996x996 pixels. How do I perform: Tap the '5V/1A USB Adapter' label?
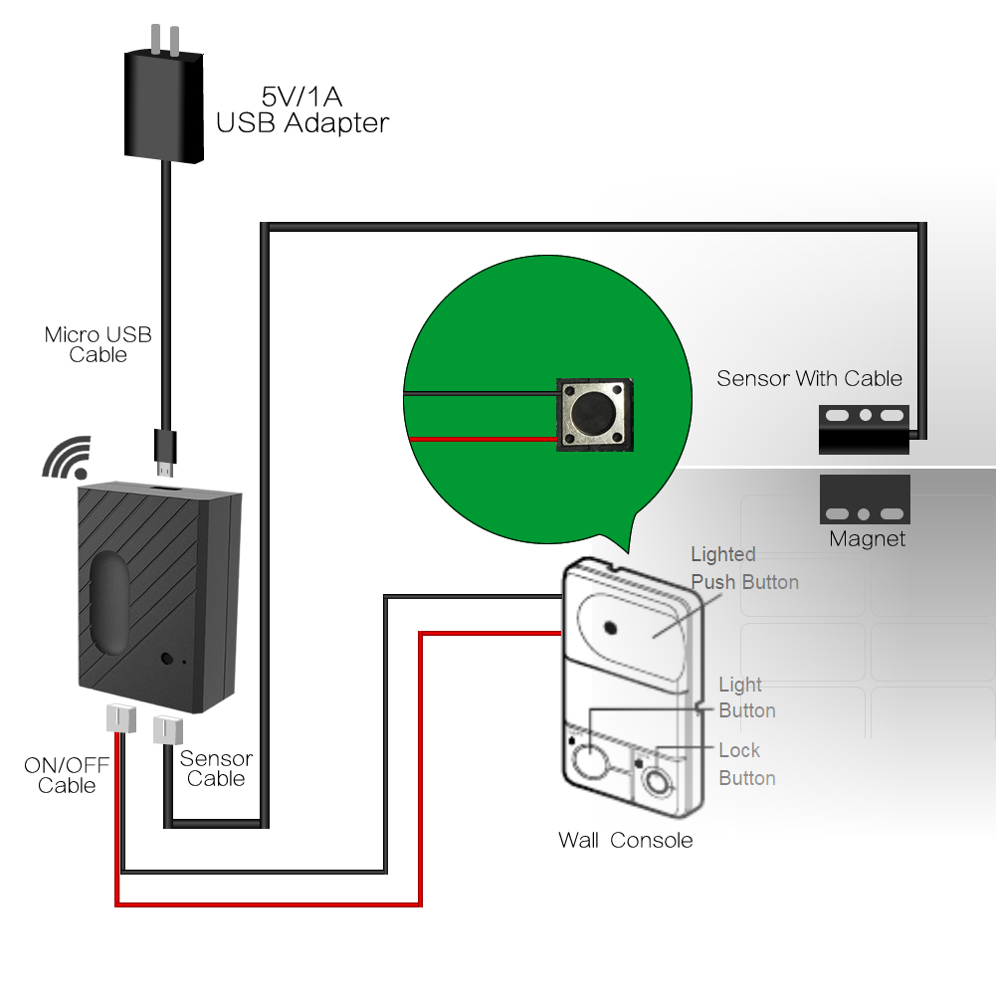coord(302,110)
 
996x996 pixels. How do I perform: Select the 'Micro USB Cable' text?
coord(99,344)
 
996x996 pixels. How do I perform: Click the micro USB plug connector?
coord(164,450)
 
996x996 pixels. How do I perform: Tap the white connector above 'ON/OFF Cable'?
coord(119,717)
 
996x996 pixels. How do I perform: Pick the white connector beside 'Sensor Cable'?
coord(165,730)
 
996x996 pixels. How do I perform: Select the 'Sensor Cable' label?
coord(216,768)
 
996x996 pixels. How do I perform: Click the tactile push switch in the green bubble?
coord(594,413)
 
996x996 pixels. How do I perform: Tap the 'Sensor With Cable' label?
coord(809,378)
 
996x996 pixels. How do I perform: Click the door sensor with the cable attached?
coord(865,428)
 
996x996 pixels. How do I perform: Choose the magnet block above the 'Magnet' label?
coord(865,498)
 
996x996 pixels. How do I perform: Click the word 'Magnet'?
coord(868,539)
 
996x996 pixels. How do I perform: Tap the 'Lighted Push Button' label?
coord(744,568)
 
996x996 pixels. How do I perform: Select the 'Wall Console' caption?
coord(625,840)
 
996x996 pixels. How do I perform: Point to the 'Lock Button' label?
coord(746,764)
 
